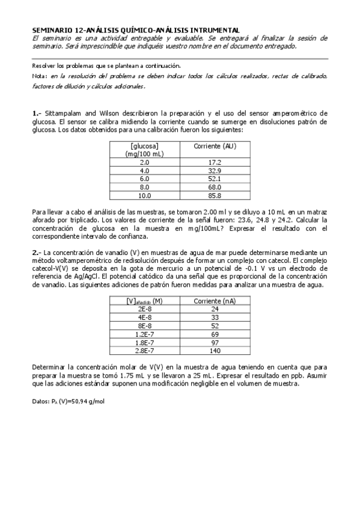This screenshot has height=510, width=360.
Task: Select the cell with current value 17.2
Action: (x=215, y=162)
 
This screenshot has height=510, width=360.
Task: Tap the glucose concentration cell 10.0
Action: (x=145, y=195)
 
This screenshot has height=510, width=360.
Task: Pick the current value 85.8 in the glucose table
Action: (x=215, y=195)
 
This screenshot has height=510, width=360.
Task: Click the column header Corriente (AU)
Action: (x=215, y=146)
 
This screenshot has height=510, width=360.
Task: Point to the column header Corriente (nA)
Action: (x=215, y=300)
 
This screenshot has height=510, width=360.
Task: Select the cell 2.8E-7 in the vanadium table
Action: (x=145, y=350)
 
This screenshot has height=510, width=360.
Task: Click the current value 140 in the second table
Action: (x=215, y=350)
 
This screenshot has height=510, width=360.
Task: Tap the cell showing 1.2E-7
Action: (x=145, y=333)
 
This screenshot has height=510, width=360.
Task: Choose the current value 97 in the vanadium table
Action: (x=215, y=342)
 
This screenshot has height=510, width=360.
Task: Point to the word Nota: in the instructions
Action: (x=40, y=76)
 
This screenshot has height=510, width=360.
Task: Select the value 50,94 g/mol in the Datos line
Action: (x=88, y=401)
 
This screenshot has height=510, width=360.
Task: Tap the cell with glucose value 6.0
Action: (x=145, y=179)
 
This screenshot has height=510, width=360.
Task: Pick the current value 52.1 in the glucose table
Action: (x=215, y=179)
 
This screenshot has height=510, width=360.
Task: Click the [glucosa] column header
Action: (x=145, y=146)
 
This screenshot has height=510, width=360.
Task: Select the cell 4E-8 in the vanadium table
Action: (x=145, y=316)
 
